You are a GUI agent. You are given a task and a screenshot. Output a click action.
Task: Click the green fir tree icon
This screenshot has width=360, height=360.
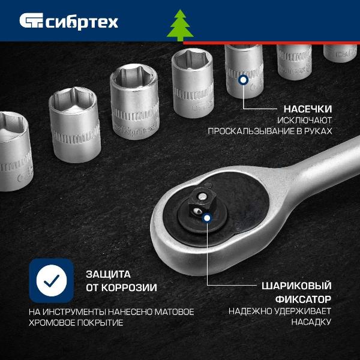(x=180, y=25)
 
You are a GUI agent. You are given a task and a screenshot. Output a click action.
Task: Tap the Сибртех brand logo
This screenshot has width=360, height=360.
(x=69, y=22)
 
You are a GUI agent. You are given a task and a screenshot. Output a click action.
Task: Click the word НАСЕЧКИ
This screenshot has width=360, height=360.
(x=308, y=109)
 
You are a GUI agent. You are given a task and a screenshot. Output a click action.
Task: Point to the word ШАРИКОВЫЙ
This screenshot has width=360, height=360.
(x=296, y=286)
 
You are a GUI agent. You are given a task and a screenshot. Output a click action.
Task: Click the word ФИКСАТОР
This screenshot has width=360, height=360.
(x=303, y=299)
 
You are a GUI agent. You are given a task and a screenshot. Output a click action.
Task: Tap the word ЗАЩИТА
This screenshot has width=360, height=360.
(x=109, y=274)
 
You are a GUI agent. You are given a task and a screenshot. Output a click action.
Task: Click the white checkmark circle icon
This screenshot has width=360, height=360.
(x=52, y=280)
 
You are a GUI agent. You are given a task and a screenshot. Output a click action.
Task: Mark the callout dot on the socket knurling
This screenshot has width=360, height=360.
(x=243, y=80)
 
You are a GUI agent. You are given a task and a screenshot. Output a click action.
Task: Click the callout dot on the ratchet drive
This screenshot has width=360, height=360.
(x=207, y=218)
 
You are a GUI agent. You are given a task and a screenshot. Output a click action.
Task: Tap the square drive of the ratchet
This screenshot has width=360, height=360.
(x=199, y=203)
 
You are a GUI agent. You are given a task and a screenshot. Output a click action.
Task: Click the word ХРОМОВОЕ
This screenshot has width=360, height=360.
(x=52, y=323)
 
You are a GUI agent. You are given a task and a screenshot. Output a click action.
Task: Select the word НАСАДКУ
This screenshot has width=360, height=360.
(x=311, y=322)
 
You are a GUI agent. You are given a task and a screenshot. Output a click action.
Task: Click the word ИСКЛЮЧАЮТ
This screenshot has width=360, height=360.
(x=304, y=120)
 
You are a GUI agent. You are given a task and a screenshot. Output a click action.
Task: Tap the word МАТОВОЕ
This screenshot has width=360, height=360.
(x=174, y=312)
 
